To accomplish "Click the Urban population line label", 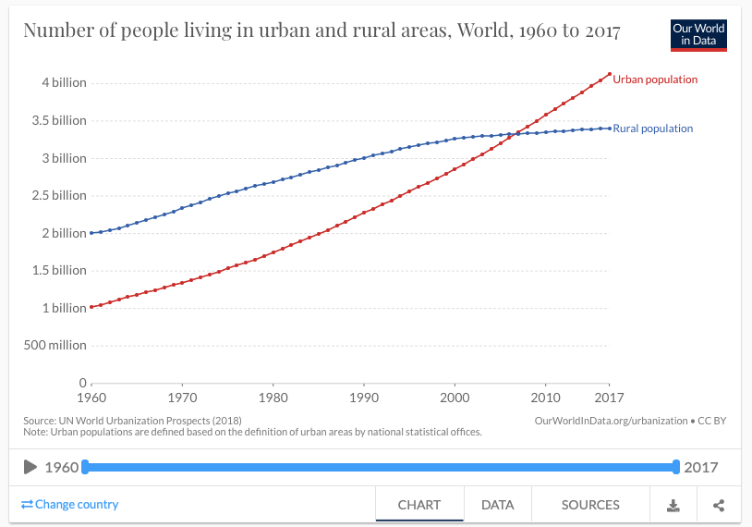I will pyautogui.click(x=655, y=80).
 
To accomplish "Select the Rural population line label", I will pyautogui.click(x=652, y=129).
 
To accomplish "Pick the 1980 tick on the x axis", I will pyautogui.click(x=273, y=398).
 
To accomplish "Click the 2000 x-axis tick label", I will pyautogui.click(x=455, y=398).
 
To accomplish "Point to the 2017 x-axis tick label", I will pyautogui.click(x=608, y=398).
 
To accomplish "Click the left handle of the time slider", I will pyautogui.click(x=85, y=467).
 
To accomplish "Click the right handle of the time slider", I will pyautogui.click(x=676, y=467).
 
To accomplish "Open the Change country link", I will pyautogui.click(x=70, y=504).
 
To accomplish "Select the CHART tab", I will pyautogui.click(x=418, y=505).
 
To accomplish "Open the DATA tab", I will pyautogui.click(x=497, y=505).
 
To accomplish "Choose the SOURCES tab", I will pyautogui.click(x=590, y=505).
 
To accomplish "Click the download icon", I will pyautogui.click(x=673, y=505).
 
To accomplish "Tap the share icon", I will pyautogui.click(x=719, y=505).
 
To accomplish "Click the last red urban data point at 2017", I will pyautogui.click(x=609, y=74).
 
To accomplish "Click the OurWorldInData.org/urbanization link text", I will pyautogui.click(x=611, y=421).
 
